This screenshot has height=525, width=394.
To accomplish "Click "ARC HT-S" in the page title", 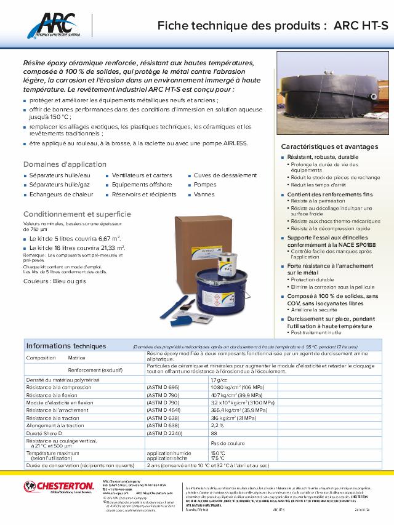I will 361,25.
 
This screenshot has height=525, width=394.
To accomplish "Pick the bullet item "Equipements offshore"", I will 142,185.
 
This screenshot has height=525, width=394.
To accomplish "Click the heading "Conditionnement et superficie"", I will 76,214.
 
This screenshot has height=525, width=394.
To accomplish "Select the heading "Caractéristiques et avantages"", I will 329,147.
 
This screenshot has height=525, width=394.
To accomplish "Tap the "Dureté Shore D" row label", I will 47,433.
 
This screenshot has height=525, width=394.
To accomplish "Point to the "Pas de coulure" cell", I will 227,443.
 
